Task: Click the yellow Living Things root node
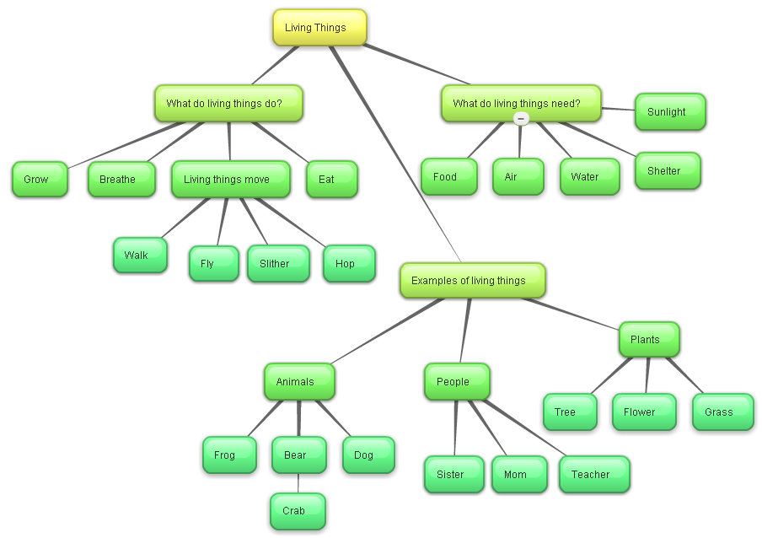click(319, 28)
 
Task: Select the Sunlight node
click(669, 112)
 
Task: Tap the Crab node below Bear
click(297, 511)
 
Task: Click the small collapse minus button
click(521, 119)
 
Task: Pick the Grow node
click(39, 180)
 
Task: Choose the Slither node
click(277, 264)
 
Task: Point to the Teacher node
click(593, 475)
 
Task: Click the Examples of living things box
click(472, 281)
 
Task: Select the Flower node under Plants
click(643, 412)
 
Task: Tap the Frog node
click(228, 455)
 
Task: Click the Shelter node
click(667, 171)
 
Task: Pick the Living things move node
click(230, 180)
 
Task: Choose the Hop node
click(348, 264)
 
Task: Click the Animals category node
click(298, 382)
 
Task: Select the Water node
click(588, 177)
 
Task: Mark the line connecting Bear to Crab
click(298, 483)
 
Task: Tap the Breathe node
click(121, 180)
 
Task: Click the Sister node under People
click(453, 475)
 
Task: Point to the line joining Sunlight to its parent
click(618, 109)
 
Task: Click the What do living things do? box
click(228, 104)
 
